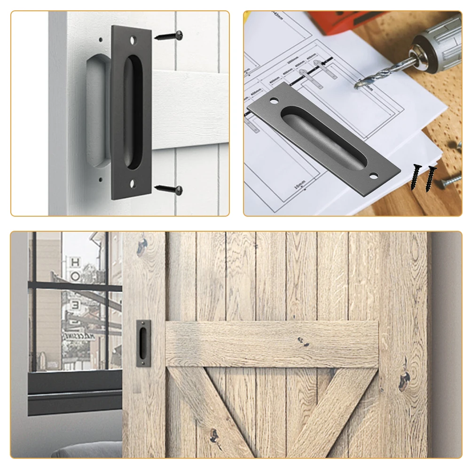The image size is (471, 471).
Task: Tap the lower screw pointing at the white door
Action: tap(170, 189)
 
